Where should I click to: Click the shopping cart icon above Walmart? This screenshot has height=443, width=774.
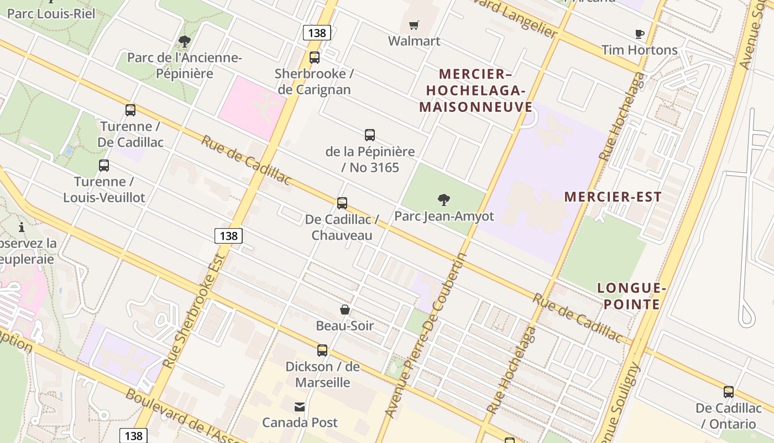[x=414, y=25]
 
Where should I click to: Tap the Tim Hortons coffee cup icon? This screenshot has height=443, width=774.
[x=640, y=34]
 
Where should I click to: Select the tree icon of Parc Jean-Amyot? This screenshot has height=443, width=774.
[x=443, y=200]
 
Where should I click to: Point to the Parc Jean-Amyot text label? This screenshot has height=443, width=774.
[x=444, y=216]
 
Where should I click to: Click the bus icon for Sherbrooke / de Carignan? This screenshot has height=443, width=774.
[x=315, y=57]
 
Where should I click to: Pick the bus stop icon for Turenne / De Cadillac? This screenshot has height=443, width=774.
[x=130, y=110]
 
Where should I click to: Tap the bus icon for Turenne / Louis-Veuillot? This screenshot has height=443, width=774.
[x=104, y=165]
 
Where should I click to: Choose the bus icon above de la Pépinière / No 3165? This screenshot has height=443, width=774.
[x=370, y=135]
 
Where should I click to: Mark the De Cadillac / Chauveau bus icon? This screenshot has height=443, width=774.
[x=342, y=203]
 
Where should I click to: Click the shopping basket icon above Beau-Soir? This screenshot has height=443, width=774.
[x=345, y=310]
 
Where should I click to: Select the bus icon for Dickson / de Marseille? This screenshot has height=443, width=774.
[x=322, y=350]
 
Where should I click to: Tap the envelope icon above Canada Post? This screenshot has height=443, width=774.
[x=300, y=407]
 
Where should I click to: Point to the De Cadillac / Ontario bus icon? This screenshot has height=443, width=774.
[x=729, y=392]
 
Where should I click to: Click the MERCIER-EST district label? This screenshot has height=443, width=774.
[x=613, y=197]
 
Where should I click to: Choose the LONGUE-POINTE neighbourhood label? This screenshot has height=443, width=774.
[x=630, y=296]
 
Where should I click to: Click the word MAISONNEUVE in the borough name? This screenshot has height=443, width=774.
[x=475, y=107]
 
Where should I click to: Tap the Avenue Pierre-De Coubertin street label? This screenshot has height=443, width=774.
[x=427, y=336]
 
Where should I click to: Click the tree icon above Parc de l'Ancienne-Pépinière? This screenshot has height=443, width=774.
[x=185, y=42]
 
